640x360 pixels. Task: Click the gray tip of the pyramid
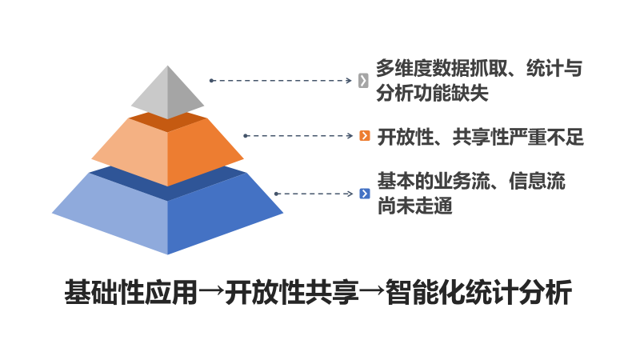[x=167, y=92]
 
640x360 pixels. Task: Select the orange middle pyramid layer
[x=167, y=150]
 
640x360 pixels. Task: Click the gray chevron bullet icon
[x=363, y=81]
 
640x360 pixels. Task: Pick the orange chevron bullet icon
[x=365, y=135]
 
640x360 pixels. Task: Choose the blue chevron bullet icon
[x=365, y=194]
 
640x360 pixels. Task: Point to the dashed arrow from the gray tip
[x=281, y=81]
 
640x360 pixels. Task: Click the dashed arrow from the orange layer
[x=298, y=135]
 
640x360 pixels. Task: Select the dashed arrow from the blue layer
[x=314, y=194]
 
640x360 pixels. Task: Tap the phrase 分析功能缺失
[x=432, y=93]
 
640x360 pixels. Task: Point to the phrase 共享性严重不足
[x=518, y=137]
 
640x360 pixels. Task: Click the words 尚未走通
[x=414, y=206]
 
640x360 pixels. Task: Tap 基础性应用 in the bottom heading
[x=131, y=292]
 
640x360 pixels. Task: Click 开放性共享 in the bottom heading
[x=292, y=292]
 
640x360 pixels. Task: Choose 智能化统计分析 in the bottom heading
[x=478, y=292]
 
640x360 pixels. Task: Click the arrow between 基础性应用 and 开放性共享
[x=211, y=291]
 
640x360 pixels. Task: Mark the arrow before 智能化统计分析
[x=372, y=291]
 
